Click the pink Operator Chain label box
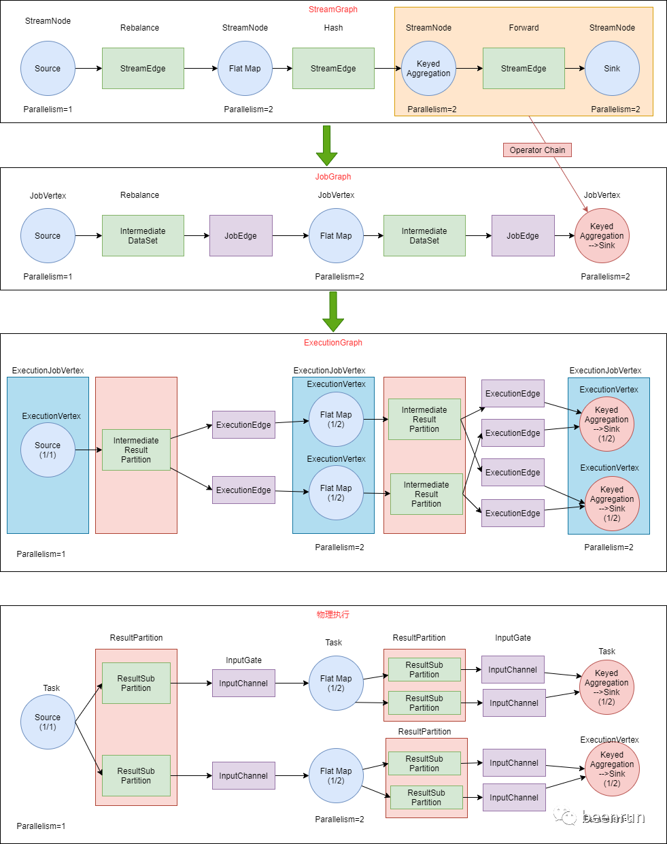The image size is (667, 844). pos(537,150)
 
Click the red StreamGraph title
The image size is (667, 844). pos(333,10)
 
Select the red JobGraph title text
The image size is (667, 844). pos(333,177)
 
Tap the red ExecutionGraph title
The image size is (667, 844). pos(333,342)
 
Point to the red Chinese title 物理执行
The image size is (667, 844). pos(333,615)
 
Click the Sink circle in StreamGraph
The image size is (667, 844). pos(612,68)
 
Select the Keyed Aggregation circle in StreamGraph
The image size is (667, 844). pos(428,68)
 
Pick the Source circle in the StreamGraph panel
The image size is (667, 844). pos(48,68)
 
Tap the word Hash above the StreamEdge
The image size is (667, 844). pos(333,28)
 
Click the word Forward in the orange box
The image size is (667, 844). pos(524,28)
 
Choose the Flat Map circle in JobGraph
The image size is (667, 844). pos(336,236)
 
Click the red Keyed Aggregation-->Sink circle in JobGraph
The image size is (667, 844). pos(602,236)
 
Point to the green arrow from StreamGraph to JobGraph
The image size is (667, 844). pos(326,146)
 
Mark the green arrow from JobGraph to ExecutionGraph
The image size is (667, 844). pos(333,311)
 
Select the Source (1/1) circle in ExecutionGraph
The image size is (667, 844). pos(48,450)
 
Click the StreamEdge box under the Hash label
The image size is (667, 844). pos(333,68)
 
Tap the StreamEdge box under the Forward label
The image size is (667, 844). pos(524,68)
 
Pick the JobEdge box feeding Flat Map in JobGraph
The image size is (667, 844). pos(241,236)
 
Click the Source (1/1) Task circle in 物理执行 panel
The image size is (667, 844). pos(48,722)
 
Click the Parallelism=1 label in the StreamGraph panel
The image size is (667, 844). pos(48,109)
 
